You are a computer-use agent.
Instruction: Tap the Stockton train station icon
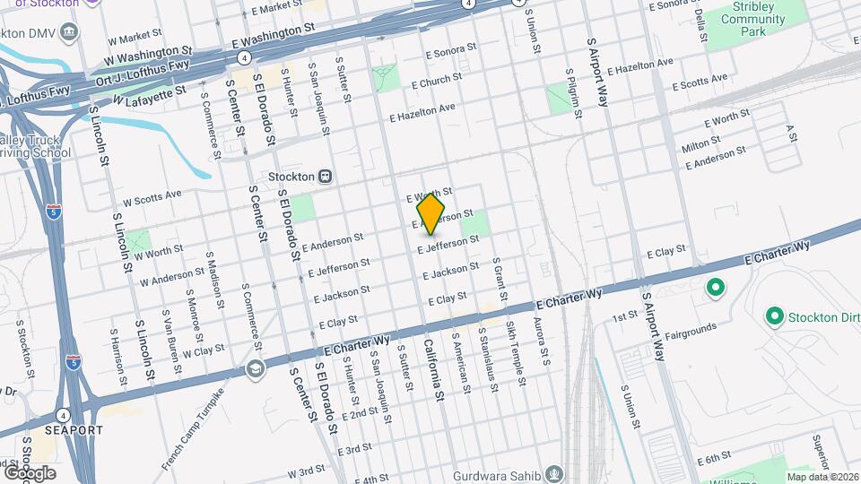(x=325, y=177)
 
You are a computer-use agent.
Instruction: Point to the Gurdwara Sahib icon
(x=555, y=474)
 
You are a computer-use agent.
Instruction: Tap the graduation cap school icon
(x=256, y=369)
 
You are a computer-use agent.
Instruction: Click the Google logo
(x=29, y=472)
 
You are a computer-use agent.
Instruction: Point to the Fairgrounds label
(x=691, y=330)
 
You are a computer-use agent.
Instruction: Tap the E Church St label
(x=436, y=81)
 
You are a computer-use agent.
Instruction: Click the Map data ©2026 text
(x=822, y=477)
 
